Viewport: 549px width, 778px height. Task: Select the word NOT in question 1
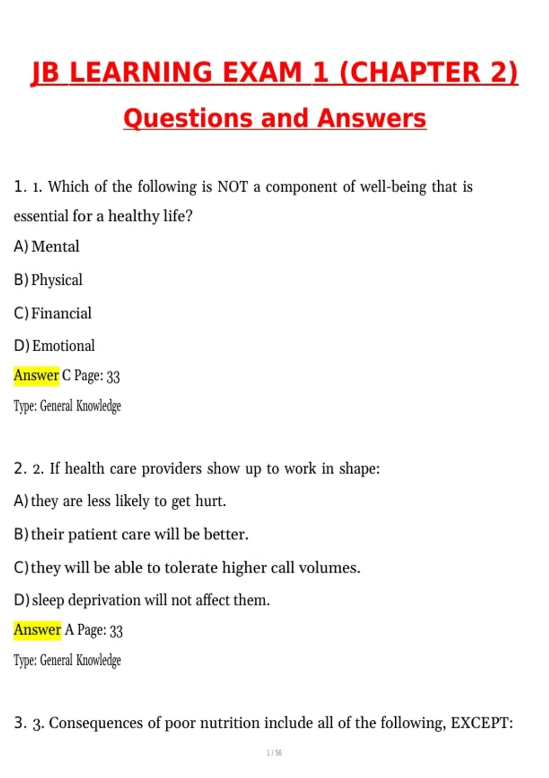pos(232,187)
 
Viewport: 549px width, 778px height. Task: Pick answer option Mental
pos(55,247)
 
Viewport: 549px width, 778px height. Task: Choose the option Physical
pos(57,280)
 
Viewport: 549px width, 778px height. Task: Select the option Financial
pos(61,313)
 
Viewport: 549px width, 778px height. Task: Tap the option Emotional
pos(64,346)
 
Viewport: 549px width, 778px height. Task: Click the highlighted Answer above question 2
pos(36,376)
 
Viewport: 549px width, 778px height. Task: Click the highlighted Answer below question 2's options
pos(37,630)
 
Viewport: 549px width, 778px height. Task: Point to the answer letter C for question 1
pos(66,376)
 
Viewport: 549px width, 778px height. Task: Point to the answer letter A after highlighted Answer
pos(69,630)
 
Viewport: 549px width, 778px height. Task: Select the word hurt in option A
pos(210,501)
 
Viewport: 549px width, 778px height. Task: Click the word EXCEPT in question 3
pos(481,723)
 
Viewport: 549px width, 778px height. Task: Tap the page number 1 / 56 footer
pos(274,753)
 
